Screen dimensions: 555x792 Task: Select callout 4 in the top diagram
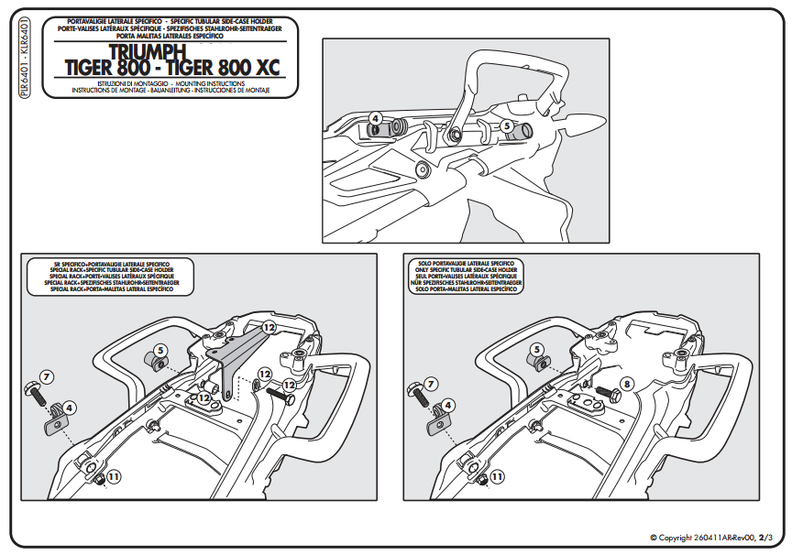(374, 117)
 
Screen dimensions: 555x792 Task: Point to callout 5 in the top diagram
(507, 125)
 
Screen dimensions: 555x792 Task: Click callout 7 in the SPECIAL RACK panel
(47, 376)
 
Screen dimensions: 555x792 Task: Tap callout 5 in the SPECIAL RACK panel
(159, 349)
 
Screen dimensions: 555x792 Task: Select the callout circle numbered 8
(627, 383)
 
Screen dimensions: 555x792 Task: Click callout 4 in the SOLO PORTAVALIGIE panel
(447, 404)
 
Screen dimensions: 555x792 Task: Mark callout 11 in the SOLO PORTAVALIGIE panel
(496, 476)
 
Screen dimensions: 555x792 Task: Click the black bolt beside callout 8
(607, 397)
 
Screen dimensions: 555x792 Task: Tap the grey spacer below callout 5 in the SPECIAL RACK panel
(156, 364)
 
